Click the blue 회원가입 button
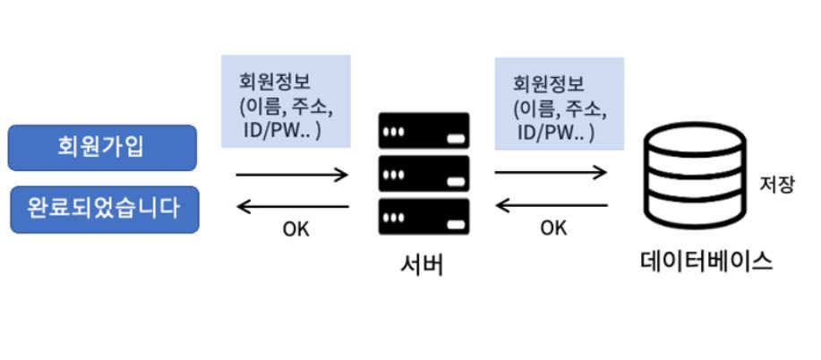[x=102, y=148]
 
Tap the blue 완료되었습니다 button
[x=104, y=210]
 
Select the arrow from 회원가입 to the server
[x=292, y=175]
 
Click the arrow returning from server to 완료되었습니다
[x=292, y=207]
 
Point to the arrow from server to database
[x=551, y=172]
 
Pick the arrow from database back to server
[x=551, y=205]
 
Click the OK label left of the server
[x=295, y=229]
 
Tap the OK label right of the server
[x=553, y=228]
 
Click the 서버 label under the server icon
[x=422, y=265]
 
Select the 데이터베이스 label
[x=706, y=261]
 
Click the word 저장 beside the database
[x=777, y=185]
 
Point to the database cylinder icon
[x=695, y=176]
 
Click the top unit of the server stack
[x=424, y=131]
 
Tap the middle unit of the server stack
[x=424, y=174]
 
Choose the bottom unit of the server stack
[x=424, y=217]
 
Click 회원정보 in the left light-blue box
[x=275, y=82]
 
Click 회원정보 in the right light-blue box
[x=549, y=84]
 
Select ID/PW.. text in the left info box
[x=282, y=131]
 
